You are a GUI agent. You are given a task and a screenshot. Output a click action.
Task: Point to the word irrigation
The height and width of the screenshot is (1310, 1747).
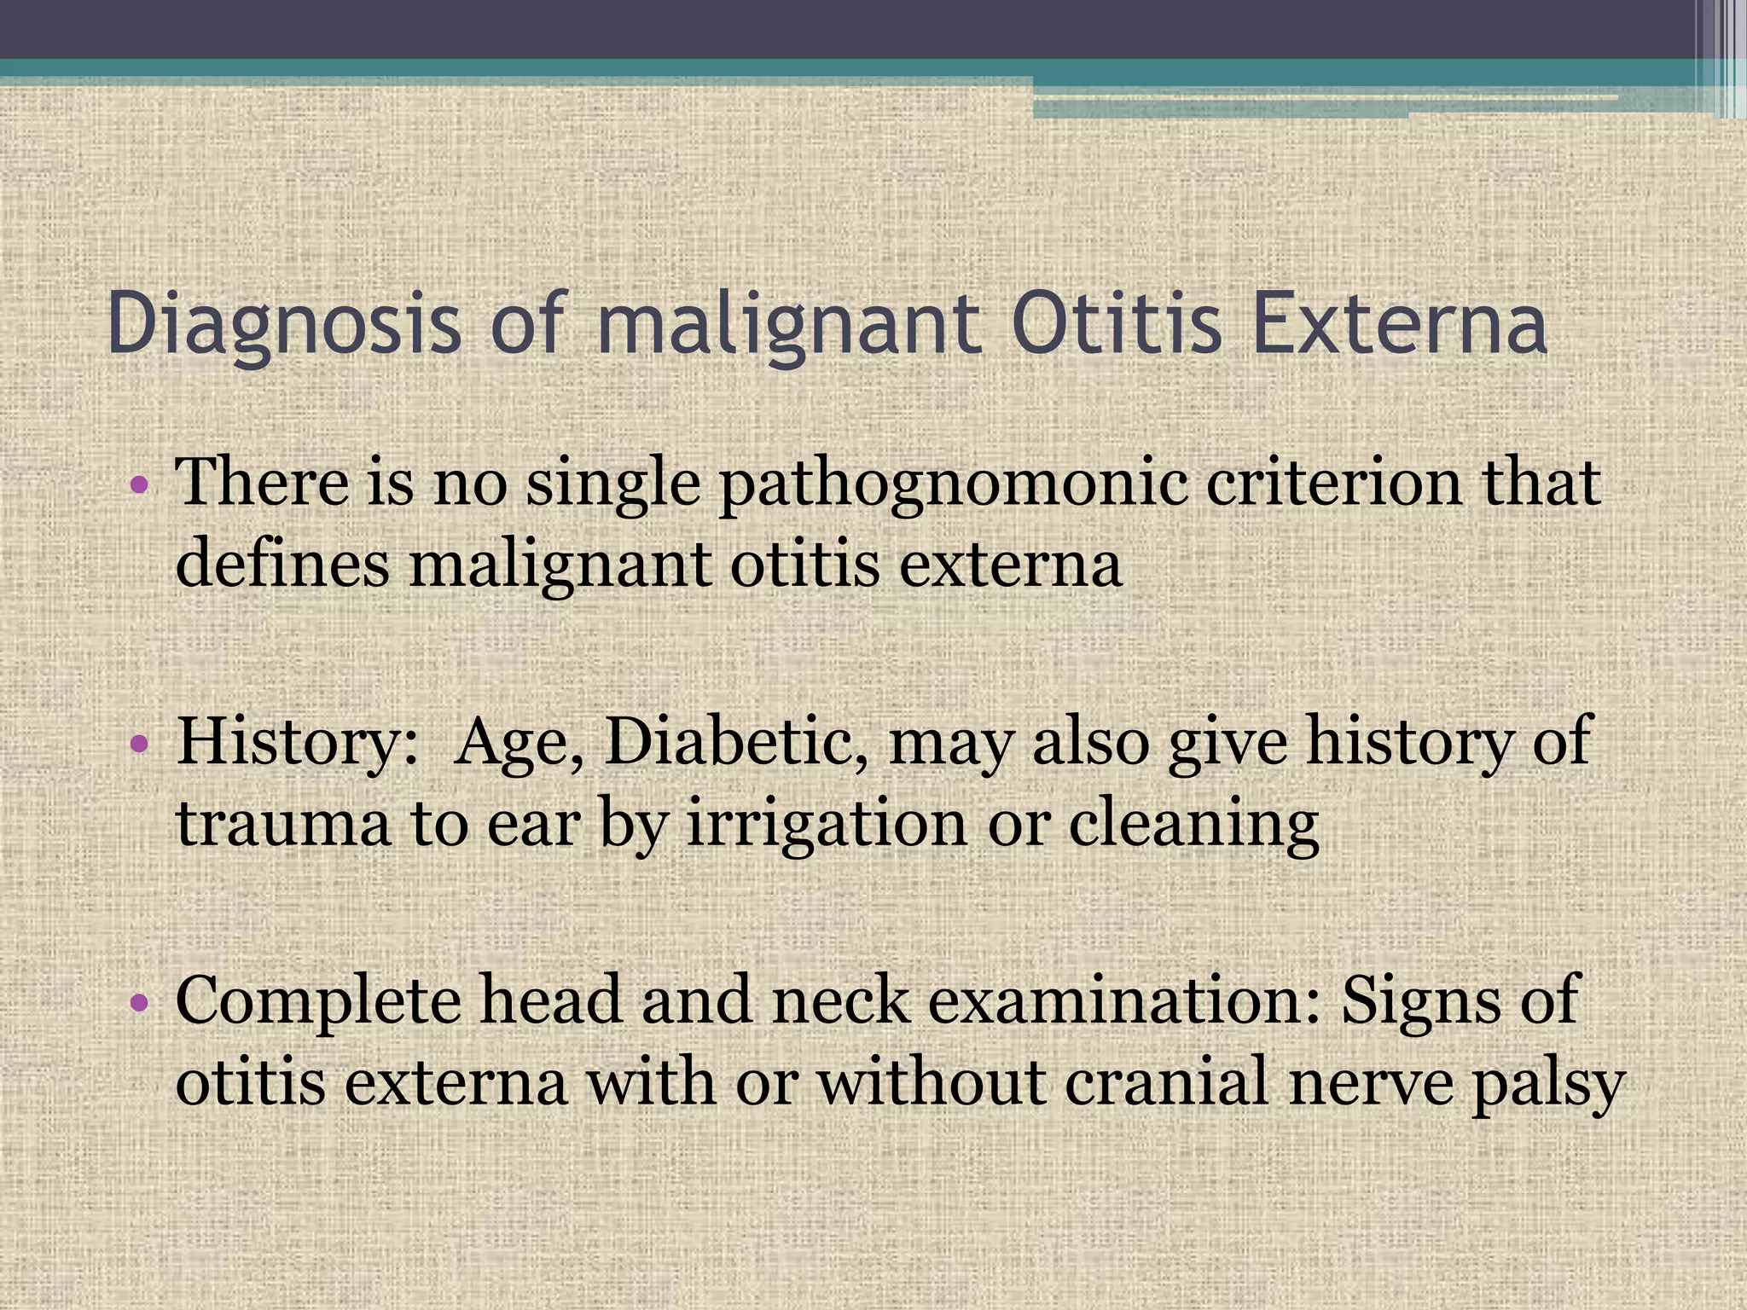[x=827, y=827]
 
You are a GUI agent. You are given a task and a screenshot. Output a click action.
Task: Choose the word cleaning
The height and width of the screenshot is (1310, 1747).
[x=1193, y=827]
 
